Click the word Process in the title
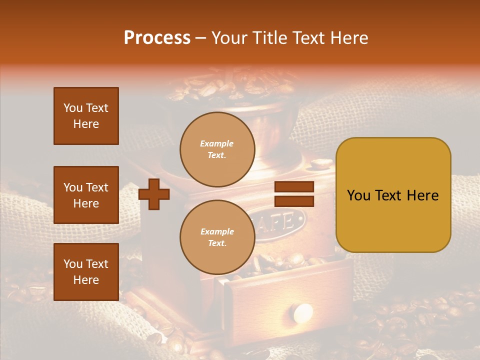157,37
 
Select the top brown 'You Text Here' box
86,116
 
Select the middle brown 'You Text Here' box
86,195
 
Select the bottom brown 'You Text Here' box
86,271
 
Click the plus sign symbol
154,194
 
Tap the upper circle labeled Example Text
217,149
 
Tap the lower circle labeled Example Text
217,237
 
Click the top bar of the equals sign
294,187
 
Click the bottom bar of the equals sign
294,201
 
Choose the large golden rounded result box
393,195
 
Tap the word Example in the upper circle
217,143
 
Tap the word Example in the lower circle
217,231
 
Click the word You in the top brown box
73,108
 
